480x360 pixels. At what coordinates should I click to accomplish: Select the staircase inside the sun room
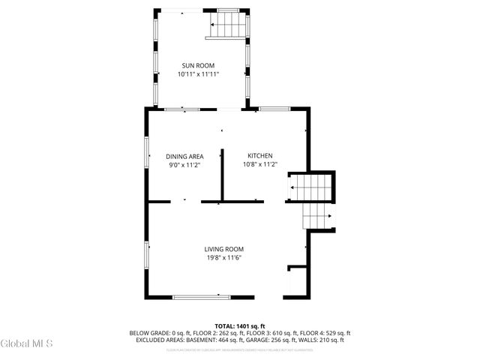(x=227, y=27)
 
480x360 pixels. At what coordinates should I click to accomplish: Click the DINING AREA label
(x=184, y=156)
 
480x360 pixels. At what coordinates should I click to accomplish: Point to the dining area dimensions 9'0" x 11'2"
(x=184, y=165)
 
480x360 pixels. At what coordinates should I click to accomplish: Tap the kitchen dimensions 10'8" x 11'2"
(x=259, y=165)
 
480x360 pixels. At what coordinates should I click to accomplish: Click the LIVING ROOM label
(x=223, y=249)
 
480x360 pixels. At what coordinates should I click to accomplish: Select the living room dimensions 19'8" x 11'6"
(x=223, y=258)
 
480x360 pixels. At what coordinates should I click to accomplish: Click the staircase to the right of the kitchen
(x=310, y=187)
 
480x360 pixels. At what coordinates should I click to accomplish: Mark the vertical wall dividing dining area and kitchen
(x=222, y=175)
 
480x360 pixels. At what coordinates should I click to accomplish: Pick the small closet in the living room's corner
(x=297, y=281)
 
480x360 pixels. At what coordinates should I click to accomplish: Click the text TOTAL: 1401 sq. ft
(x=240, y=326)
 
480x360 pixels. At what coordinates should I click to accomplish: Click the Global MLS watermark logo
(x=27, y=344)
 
